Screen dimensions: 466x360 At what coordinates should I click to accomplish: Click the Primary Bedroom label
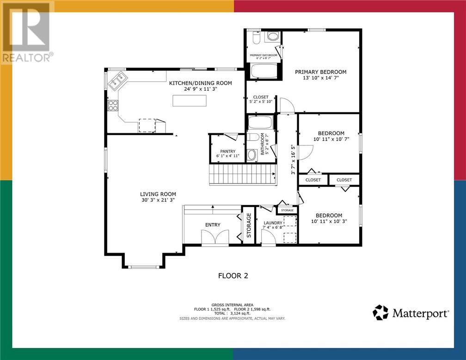click(321, 72)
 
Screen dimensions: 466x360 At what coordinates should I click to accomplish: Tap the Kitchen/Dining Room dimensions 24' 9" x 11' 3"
click(201, 89)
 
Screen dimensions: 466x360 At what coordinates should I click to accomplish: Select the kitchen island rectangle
click(190, 100)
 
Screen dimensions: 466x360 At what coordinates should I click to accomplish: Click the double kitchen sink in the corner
click(118, 81)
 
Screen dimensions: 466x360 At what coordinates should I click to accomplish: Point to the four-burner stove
click(113, 106)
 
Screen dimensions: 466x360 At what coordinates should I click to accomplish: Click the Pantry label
click(227, 151)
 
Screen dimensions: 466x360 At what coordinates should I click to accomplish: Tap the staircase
click(243, 174)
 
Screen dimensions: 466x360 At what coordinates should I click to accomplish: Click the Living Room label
click(158, 194)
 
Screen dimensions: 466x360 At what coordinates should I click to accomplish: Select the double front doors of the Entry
click(215, 237)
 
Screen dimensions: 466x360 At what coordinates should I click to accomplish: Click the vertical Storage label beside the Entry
click(249, 225)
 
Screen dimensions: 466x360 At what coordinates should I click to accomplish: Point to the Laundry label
click(273, 223)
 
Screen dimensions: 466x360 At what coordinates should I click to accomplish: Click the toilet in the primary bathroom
click(256, 37)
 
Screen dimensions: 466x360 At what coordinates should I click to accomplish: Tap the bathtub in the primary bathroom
click(264, 71)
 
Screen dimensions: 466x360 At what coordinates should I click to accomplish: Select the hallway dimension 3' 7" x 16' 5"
click(293, 160)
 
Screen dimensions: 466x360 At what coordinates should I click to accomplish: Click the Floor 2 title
click(233, 276)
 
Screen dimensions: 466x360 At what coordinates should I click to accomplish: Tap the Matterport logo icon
click(380, 312)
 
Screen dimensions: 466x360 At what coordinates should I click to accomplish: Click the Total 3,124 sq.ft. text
click(232, 313)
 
